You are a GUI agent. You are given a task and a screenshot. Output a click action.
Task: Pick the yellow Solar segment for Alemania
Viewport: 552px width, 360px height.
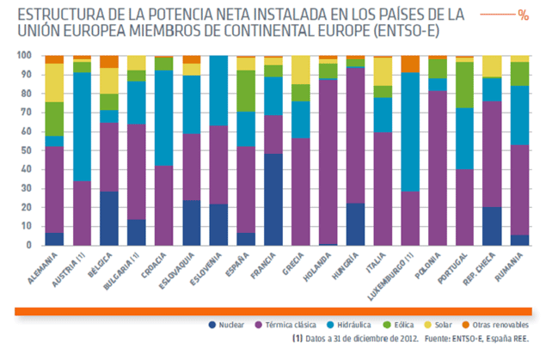pos(54,82)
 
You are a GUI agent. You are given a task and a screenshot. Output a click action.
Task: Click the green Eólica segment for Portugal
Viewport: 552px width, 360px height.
pos(465,84)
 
